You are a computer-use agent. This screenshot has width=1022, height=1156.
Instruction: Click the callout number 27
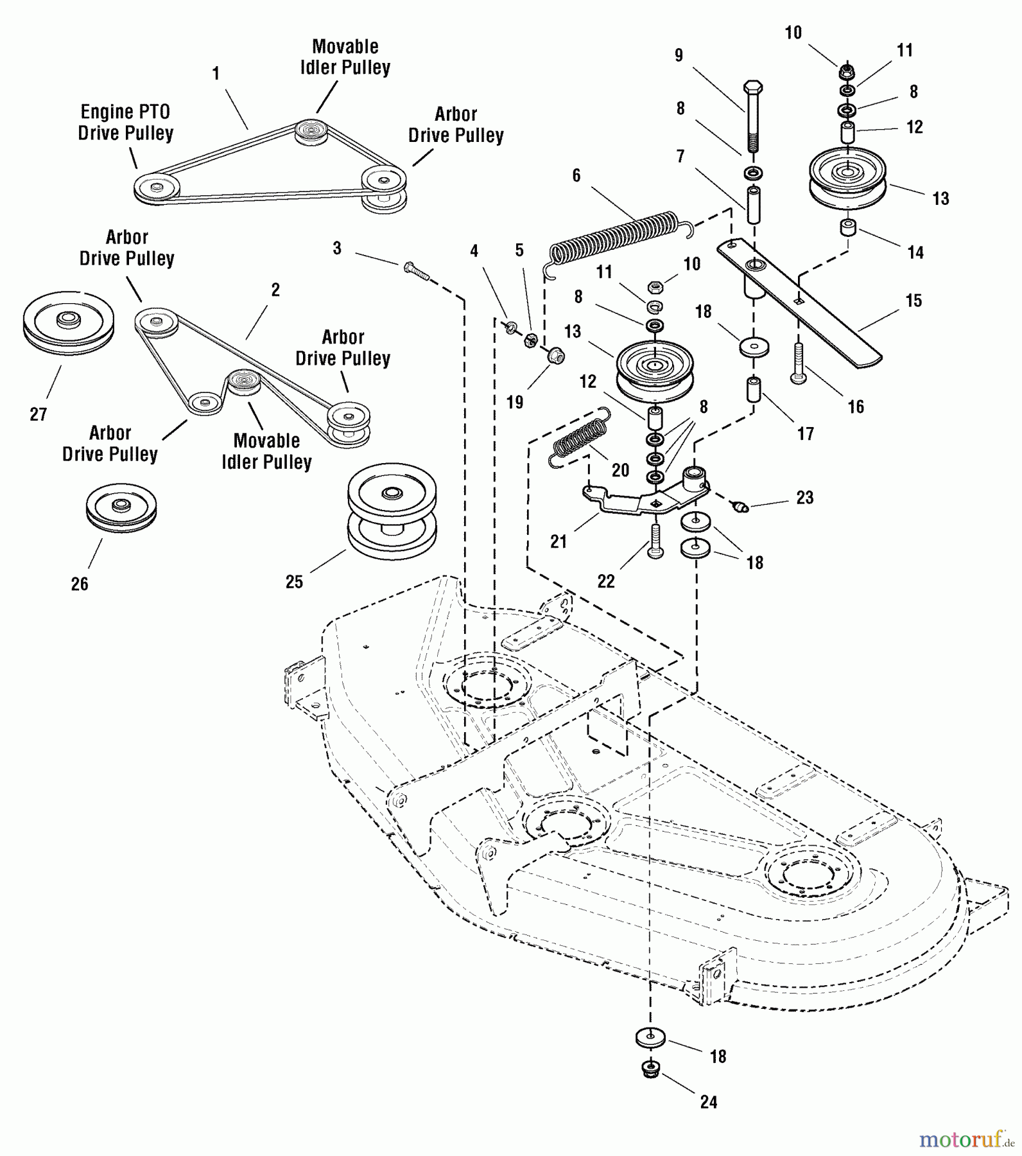pos(39,414)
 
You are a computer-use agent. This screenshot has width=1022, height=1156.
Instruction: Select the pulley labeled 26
pos(121,507)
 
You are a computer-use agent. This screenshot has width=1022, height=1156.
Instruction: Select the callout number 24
pos(708,1102)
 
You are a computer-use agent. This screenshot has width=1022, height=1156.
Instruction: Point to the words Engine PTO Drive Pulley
pos(126,123)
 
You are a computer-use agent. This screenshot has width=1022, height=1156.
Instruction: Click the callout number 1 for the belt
pos(216,74)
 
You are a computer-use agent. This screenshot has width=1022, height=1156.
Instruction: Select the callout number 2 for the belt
pos(275,290)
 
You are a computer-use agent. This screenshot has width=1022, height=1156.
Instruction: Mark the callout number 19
pos(515,403)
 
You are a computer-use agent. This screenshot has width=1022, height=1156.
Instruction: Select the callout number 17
pos(806,434)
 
